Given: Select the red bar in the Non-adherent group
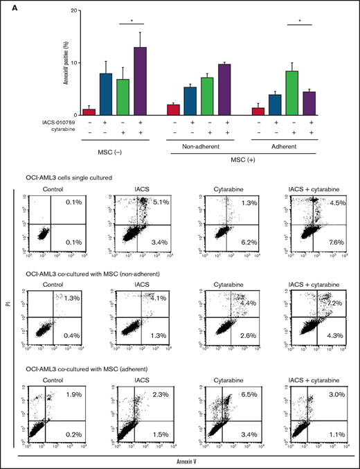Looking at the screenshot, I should (174, 109).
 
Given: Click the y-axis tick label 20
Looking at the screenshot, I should (72, 11).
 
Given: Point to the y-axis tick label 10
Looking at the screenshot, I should (72, 63).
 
